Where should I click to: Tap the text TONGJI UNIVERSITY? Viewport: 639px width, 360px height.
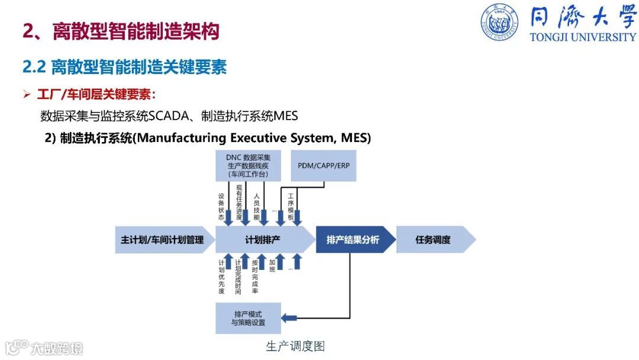[582, 37]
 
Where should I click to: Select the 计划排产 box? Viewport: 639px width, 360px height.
[263, 240]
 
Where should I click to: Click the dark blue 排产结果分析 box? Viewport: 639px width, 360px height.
[353, 240]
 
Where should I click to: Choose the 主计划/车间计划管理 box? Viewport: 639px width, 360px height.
[162, 240]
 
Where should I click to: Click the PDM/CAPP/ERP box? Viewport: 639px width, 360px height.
[324, 166]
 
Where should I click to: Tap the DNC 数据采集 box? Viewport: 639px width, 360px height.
[248, 166]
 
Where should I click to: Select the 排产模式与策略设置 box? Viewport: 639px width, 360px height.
[248, 318]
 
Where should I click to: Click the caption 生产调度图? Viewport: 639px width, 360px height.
[295, 346]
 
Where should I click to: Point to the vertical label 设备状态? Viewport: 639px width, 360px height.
[221, 207]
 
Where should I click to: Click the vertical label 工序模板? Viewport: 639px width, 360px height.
[291, 207]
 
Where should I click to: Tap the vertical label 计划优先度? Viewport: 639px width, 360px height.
[221, 276]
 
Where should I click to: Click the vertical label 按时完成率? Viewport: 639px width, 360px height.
[255, 276]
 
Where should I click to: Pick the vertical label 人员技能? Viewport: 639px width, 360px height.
[256, 207]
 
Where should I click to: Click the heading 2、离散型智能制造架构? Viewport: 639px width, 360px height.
[121, 31]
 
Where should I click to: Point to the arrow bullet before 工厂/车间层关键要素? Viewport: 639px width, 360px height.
[27, 95]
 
